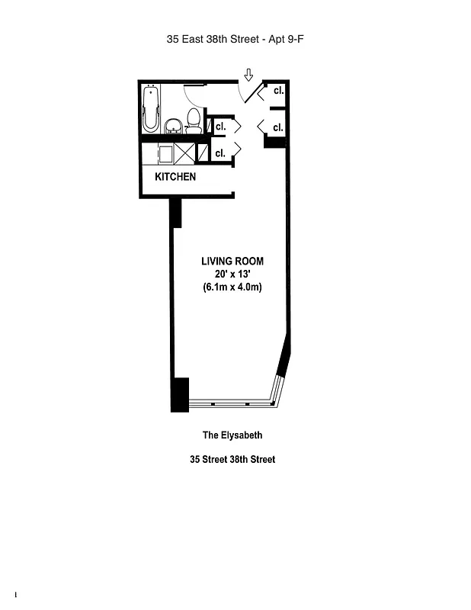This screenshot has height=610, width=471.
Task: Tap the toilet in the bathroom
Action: click(x=194, y=120)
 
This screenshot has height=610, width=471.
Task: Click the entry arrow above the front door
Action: click(x=248, y=75)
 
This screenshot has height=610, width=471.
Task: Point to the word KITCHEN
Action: click(x=175, y=177)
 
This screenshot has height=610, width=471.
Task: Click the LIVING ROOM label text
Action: click(x=232, y=262)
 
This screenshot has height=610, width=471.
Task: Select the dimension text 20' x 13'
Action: click(x=232, y=274)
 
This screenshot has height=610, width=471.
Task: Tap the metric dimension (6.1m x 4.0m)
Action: click(x=232, y=287)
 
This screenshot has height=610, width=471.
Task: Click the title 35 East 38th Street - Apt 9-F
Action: click(x=235, y=37)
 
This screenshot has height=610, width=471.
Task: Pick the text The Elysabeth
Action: click(x=232, y=436)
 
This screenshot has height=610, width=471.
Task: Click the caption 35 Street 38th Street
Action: click(x=232, y=460)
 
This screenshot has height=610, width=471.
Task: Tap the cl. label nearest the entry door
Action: click(x=278, y=91)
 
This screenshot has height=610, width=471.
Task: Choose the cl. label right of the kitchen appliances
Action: click(x=220, y=152)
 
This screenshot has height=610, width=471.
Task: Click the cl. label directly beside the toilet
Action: click(x=220, y=125)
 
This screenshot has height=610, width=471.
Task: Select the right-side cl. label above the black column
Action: click(x=278, y=127)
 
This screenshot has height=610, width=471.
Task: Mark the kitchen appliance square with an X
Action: click(x=184, y=152)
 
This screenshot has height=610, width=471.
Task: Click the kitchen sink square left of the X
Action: click(x=164, y=153)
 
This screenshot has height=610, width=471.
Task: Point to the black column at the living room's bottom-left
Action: click(x=179, y=395)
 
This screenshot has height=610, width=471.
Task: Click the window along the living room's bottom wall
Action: click(x=232, y=403)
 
